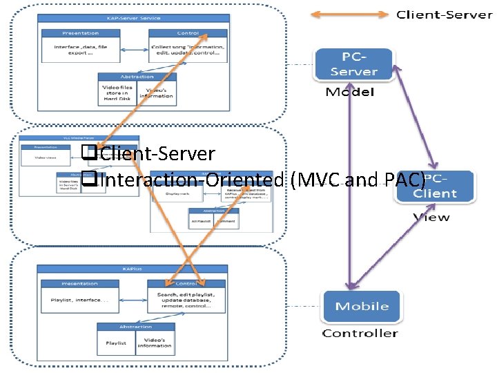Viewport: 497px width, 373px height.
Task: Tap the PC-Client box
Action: [435, 187]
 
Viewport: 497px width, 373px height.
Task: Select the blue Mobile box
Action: [362, 306]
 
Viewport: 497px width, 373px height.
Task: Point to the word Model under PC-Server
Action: [350, 93]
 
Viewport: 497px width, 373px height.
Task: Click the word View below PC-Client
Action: [431, 217]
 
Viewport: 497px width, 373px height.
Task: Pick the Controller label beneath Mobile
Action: [360, 334]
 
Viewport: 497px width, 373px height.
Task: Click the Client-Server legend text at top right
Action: [444, 15]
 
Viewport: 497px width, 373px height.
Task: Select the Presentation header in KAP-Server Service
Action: [80, 32]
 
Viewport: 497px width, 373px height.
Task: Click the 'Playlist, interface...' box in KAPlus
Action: [80, 300]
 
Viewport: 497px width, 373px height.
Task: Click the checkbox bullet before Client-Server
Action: [86, 153]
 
